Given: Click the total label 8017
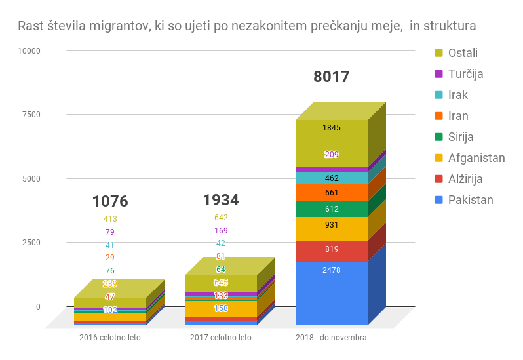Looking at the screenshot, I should pyautogui.click(x=332, y=77).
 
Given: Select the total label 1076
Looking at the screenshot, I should pyautogui.click(x=110, y=201).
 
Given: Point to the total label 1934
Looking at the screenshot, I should pyautogui.click(x=221, y=200).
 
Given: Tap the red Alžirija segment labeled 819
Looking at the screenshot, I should pyautogui.click(x=332, y=249).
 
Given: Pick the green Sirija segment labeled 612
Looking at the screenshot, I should pyautogui.click(x=332, y=209).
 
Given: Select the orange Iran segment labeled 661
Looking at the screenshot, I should pyautogui.click(x=332, y=193).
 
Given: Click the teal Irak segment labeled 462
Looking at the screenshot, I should pyautogui.click(x=332, y=178).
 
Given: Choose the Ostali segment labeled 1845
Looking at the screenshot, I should pyautogui.click(x=332, y=128).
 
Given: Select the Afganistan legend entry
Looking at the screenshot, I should pyautogui.click(x=476, y=157).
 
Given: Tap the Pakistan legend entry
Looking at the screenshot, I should pyautogui.click(x=471, y=199).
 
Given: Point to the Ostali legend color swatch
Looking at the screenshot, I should pyautogui.click(x=439, y=52).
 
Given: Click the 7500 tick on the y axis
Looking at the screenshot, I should pyautogui.click(x=29, y=115).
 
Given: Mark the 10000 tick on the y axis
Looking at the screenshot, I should pyautogui.click(x=28, y=50).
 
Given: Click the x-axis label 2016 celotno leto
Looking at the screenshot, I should pyautogui.click(x=110, y=338).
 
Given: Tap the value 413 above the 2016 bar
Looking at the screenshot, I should pyautogui.click(x=110, y=219).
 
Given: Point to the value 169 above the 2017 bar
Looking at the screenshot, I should pyautogui.click(x=221, y=231).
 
